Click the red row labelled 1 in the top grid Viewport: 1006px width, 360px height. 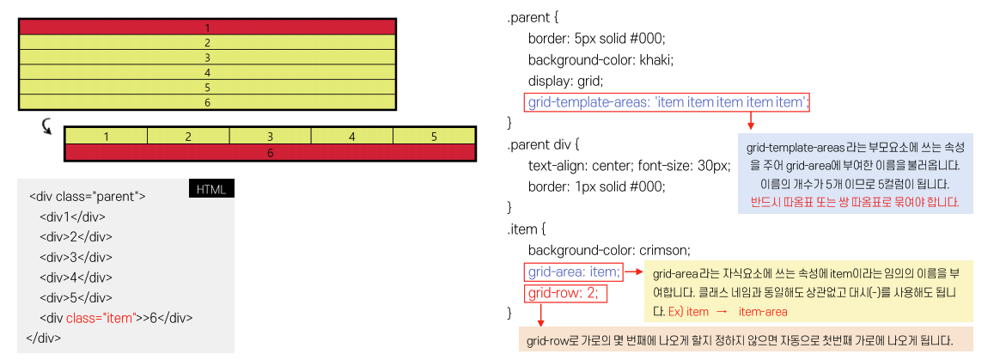pos(207,27)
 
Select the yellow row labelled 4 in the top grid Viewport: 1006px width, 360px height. pos(207,72)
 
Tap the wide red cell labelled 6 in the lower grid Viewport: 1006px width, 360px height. pos(270,152)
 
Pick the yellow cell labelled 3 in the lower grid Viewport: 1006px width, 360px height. pos(270,137)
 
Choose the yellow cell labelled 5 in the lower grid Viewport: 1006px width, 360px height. pos(434,137)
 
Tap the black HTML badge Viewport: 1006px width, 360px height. pos(211,189)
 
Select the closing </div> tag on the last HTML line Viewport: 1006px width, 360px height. pos(44,338)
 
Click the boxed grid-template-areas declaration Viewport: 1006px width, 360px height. pos(668,102)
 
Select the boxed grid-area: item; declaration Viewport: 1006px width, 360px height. pos(573,272)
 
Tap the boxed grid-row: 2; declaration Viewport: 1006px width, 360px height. pos(564,293)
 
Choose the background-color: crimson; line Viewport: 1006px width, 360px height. pos(609,250)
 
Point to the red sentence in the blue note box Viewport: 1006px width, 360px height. pos(854,203)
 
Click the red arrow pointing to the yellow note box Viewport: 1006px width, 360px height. pos(634,272)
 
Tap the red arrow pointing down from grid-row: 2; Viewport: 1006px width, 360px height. pos(540,314)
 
